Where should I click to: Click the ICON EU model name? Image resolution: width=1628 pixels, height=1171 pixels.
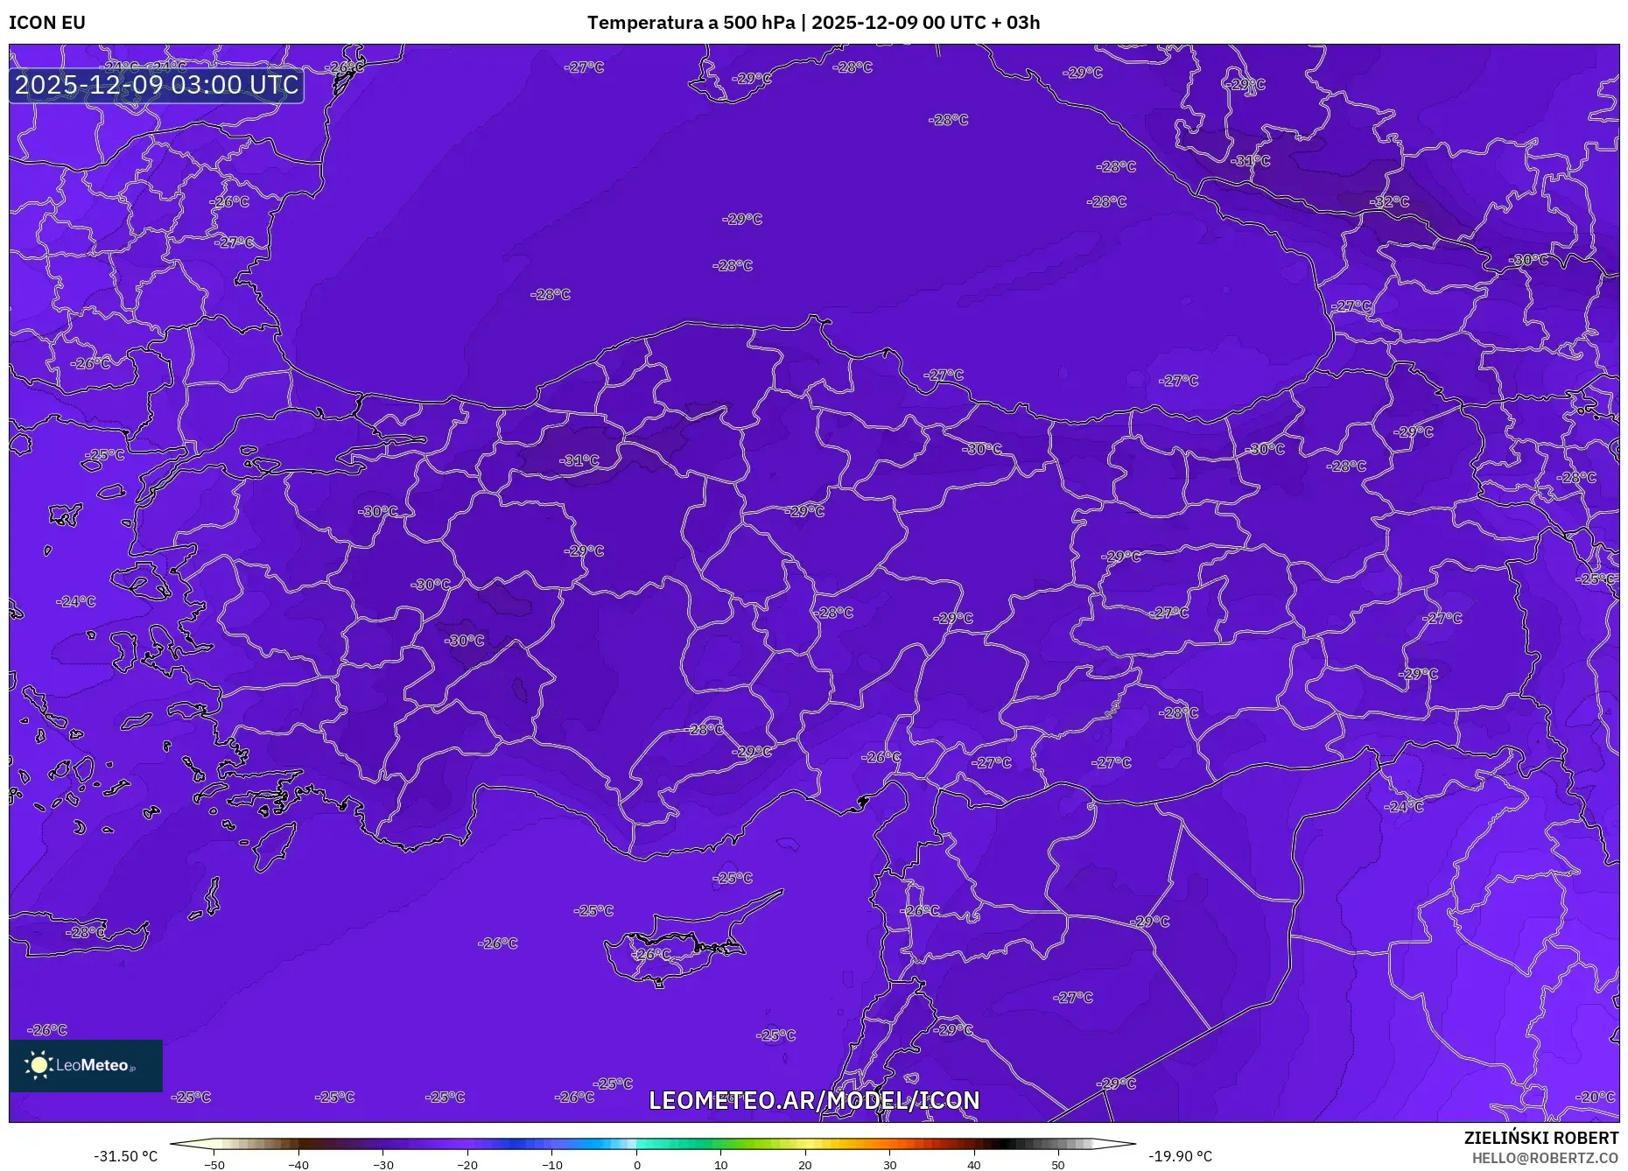47,23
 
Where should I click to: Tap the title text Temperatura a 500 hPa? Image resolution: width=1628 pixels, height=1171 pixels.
691,23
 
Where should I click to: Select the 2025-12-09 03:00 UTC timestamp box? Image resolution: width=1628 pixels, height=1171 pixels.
157,85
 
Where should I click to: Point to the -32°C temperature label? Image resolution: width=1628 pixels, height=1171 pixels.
1390,201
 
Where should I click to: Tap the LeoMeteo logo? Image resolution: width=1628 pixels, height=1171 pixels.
86,1065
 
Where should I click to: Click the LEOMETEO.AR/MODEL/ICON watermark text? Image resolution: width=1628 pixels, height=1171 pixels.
814,1100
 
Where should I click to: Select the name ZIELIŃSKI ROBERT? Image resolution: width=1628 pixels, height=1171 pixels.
1540,1138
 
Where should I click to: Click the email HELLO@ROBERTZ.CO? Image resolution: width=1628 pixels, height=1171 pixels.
1544,1158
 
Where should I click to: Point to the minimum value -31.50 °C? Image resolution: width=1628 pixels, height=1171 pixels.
126,1156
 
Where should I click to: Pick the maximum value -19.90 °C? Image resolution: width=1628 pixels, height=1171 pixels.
1180,1156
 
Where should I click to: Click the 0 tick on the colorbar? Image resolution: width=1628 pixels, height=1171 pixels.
636,1165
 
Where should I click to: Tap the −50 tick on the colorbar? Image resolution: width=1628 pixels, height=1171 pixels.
214,1165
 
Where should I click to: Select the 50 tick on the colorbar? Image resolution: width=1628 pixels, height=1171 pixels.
1058,1165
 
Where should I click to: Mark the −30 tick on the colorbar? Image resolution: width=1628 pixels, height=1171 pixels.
383,1165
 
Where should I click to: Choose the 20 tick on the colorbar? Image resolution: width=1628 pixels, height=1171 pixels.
805,1165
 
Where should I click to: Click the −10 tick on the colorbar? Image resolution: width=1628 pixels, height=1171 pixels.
552,1165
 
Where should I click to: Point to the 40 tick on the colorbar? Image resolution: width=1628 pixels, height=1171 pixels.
974,1165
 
